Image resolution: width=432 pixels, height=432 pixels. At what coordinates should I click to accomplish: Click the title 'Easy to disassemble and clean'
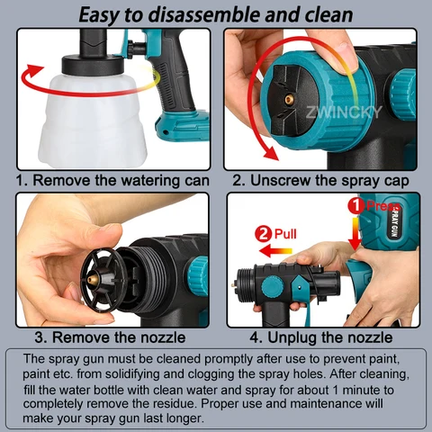(216, 13)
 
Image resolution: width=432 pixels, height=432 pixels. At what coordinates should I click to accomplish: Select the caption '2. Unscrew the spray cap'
(320, 180)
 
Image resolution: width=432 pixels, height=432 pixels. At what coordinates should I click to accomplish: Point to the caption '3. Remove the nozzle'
(110, 337)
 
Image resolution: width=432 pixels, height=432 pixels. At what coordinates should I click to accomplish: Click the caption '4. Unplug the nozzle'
(320, 337)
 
